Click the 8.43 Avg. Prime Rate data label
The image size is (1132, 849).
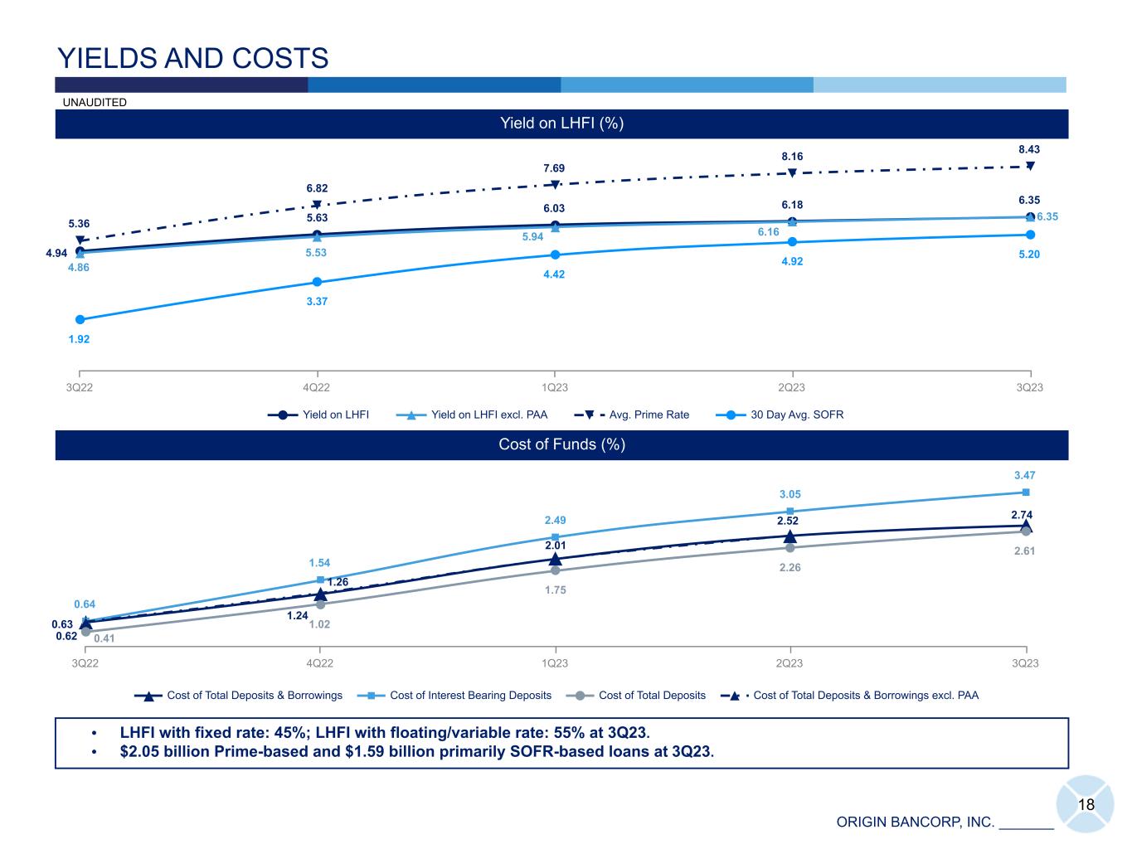[x=1029, y=149]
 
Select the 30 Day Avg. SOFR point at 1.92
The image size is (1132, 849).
[x=80, y=319]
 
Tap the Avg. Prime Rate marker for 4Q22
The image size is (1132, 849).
[x=317, y=205]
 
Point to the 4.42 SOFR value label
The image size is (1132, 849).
[x=554, y=274]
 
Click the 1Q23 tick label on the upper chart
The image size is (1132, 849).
[x=554, y=388]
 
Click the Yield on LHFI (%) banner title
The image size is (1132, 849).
[x=561, y=124]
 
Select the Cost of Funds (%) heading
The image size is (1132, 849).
[x=561, y=444]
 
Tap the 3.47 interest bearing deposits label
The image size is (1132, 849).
[x=1025, y=475]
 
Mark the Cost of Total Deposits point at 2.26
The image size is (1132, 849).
[x=789, y=547]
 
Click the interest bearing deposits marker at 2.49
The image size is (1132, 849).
[x=555, y=537]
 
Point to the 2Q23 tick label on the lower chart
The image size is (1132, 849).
[x=789, y=663]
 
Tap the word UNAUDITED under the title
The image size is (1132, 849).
[x=95, y=102]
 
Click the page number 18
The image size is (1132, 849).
[x=1086, y=805]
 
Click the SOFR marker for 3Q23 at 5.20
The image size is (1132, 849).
[x=1030, y=235]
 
